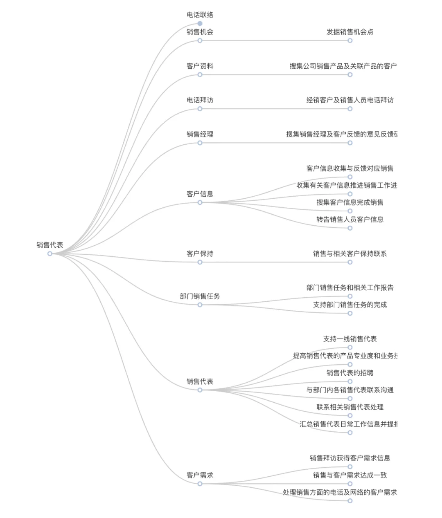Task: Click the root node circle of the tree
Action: (x=50, y=253)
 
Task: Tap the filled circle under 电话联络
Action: (x=200, y=24)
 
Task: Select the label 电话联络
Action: (x=200, y=15)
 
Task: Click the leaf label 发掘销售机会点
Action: (x=350, y=32)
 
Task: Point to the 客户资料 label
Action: (x=200, y=66)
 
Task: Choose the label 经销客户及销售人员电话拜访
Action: (x=350, y=100)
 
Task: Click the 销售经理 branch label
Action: (x=200, y=134)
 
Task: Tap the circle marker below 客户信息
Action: (x=200, y=202)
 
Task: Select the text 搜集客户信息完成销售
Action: (x=350, y=202)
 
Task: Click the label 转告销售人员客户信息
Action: (x=350, y=220)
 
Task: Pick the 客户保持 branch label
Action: (x=200, y=253)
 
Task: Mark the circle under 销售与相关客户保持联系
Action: (x=350, y=262)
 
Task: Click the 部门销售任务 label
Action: (x=200, y=296)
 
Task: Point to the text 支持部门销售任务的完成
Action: (x=350, y=305)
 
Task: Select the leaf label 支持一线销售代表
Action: (x=350, y=339)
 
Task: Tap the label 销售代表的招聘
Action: (x=350, y=373)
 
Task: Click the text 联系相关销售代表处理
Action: (x=350, y=407)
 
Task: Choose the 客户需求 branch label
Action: (x=200, y=475)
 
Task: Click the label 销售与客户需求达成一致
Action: (x=350, y=475)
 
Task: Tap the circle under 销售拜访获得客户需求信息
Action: (x=350, y=466)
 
